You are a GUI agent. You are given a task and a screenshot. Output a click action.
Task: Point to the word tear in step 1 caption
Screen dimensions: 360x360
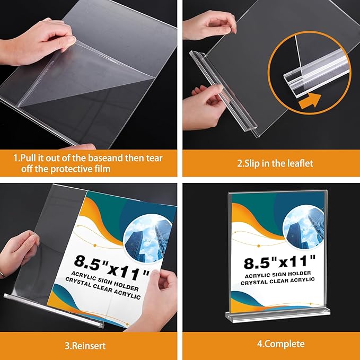(x=155, y=157)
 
